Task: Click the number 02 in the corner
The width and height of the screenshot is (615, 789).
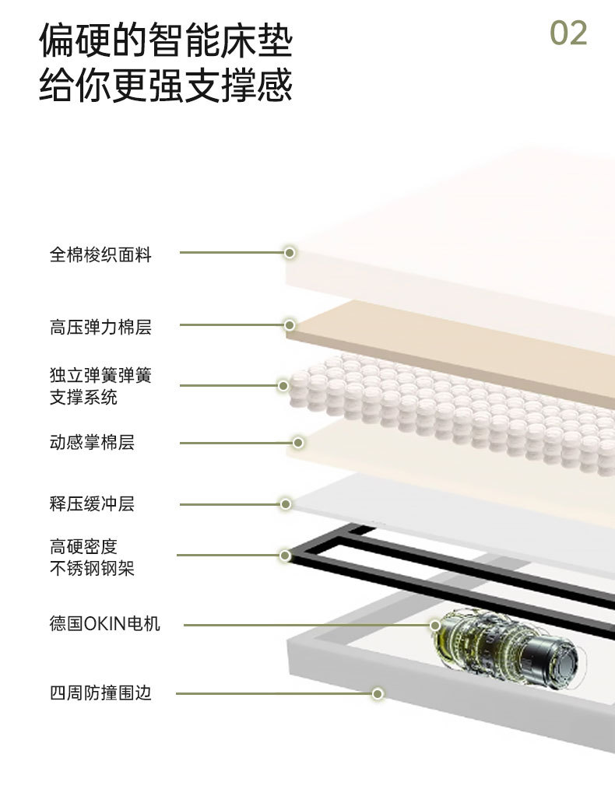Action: pyautogui.click(x=568, y=33)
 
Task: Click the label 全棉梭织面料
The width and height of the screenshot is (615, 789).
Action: pyautogui.click(x=100, y=254)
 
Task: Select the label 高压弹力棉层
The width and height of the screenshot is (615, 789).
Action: pyautogui.click(x=100, y=328)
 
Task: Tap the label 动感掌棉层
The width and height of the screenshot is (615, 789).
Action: pyautogui.click(x=92, y=443)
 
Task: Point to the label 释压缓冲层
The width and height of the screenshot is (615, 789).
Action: pyautogui.click(x=92, y=504)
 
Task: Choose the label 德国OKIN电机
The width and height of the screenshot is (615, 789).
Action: pyautogui.click(x=105, y=624)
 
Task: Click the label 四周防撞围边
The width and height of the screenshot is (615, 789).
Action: pyautogui.click(x=100, y=693)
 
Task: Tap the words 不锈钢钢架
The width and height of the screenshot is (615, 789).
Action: pyautogui.click(x=92, y=568)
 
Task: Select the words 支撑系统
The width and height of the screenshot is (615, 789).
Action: pyautogui.click(x=83, y=398)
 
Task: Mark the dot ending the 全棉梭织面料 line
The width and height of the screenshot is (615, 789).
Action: pyautogui.click(x=290, y=253)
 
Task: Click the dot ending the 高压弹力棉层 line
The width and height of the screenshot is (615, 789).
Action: pyautogui.click(x=290, y=325)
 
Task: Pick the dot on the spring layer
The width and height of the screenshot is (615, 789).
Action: pyautogui.click(x=283, y=385)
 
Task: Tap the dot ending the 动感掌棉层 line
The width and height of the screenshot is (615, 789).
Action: pyautogui.click(x=297, y=443)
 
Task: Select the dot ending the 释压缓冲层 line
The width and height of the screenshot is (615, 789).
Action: pyautogui.click(x=286, y=504)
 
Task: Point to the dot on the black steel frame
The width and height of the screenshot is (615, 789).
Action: pyautogui.click(x=285, y=556)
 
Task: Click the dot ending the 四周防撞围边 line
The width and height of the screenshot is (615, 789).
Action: pyautogui.click(x=378, y=693)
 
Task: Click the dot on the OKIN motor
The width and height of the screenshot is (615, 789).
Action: pyautogui.click(x=435, y=624)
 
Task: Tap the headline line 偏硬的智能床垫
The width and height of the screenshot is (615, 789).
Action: pyautogui.click(x=166, y=40)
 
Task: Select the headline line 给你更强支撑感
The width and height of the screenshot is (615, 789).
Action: pyautogui.click(x=166, y=85)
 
